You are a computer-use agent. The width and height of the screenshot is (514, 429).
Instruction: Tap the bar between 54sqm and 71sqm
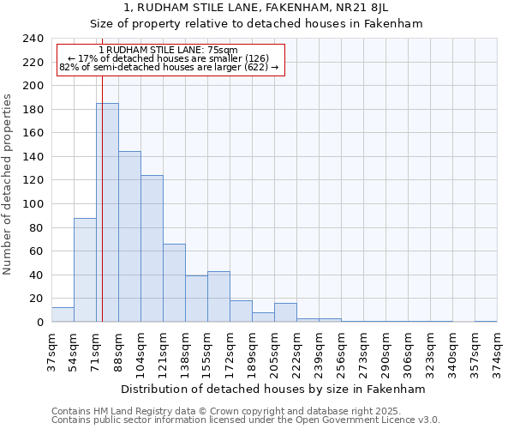coord(85,270)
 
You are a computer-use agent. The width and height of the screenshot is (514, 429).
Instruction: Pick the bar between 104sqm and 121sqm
coord(152,249)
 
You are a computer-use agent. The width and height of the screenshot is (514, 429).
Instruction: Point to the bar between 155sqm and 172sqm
coord(218,297)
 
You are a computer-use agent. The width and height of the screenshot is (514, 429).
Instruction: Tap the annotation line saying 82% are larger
coord(169,67)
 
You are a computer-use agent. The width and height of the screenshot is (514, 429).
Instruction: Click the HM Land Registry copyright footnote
coord(245,412)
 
